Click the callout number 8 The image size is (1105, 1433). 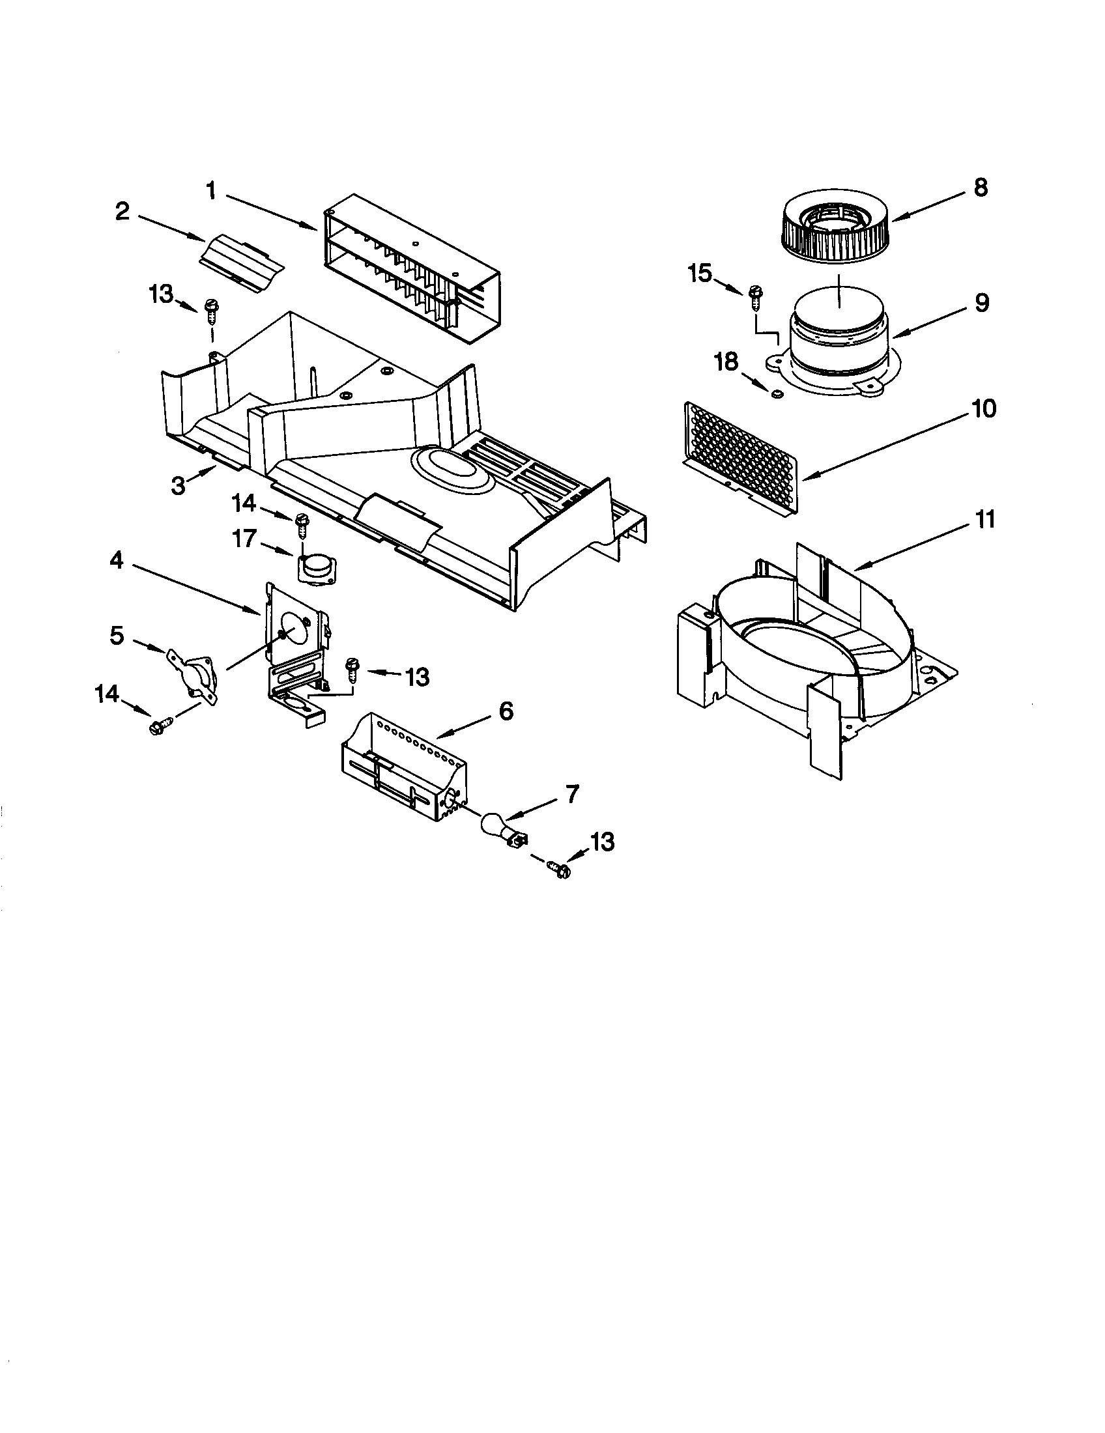pos(980,188)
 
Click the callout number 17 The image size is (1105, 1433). pos(244,539)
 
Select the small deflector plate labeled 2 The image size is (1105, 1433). pos(242,262)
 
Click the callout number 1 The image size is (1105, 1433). pos(211,191)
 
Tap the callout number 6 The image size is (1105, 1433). pos(506,711)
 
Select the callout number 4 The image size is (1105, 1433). pos(116,561)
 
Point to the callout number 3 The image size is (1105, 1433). pos(178,487)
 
